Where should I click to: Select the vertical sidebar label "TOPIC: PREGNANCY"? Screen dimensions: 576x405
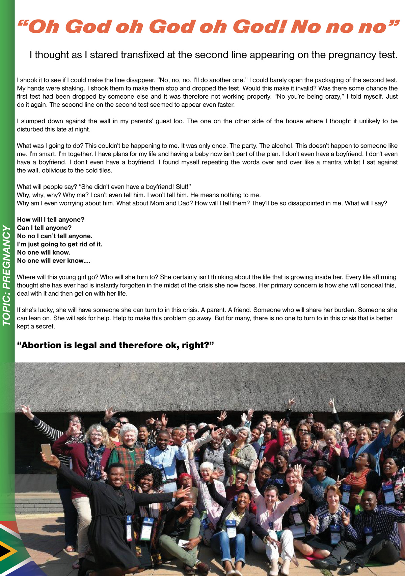click(x=7, y=275)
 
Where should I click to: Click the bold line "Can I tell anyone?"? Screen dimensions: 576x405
click(x=44, y=228)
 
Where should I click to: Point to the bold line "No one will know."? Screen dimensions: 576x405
click(x=44, y=252)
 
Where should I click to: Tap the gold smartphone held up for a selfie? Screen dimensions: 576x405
click(x=47, y=452)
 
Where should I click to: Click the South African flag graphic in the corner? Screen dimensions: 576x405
click(x=13, y=549)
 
